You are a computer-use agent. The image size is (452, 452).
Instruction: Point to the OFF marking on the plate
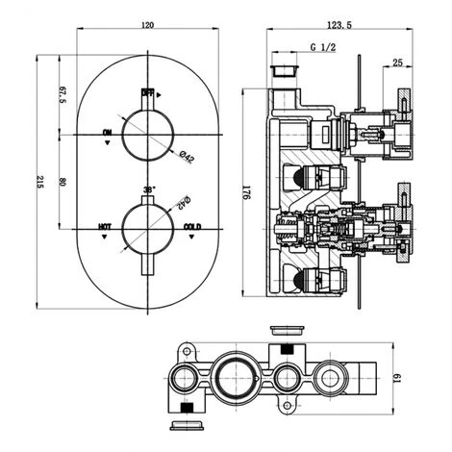coord(148,93)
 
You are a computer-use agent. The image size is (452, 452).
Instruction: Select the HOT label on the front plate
coord(105,226)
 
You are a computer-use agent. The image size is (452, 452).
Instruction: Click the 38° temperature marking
coord(148,190)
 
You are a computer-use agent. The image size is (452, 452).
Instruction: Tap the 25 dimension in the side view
coord(396,64)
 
